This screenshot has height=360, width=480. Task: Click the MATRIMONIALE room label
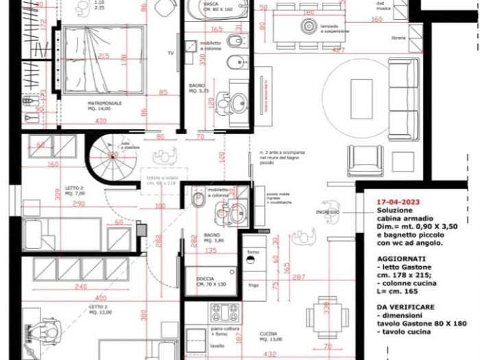tap(104, 104)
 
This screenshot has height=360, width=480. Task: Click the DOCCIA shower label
tap(204, 278)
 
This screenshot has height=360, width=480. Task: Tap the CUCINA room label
tap(268, 334)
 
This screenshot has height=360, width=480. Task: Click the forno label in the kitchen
tap(252, 253)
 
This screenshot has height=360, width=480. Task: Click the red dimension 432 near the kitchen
tap(271, 355)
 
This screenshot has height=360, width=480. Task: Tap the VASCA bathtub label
tap(211, 3)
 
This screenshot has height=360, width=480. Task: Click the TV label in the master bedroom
tap(171, 52)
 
